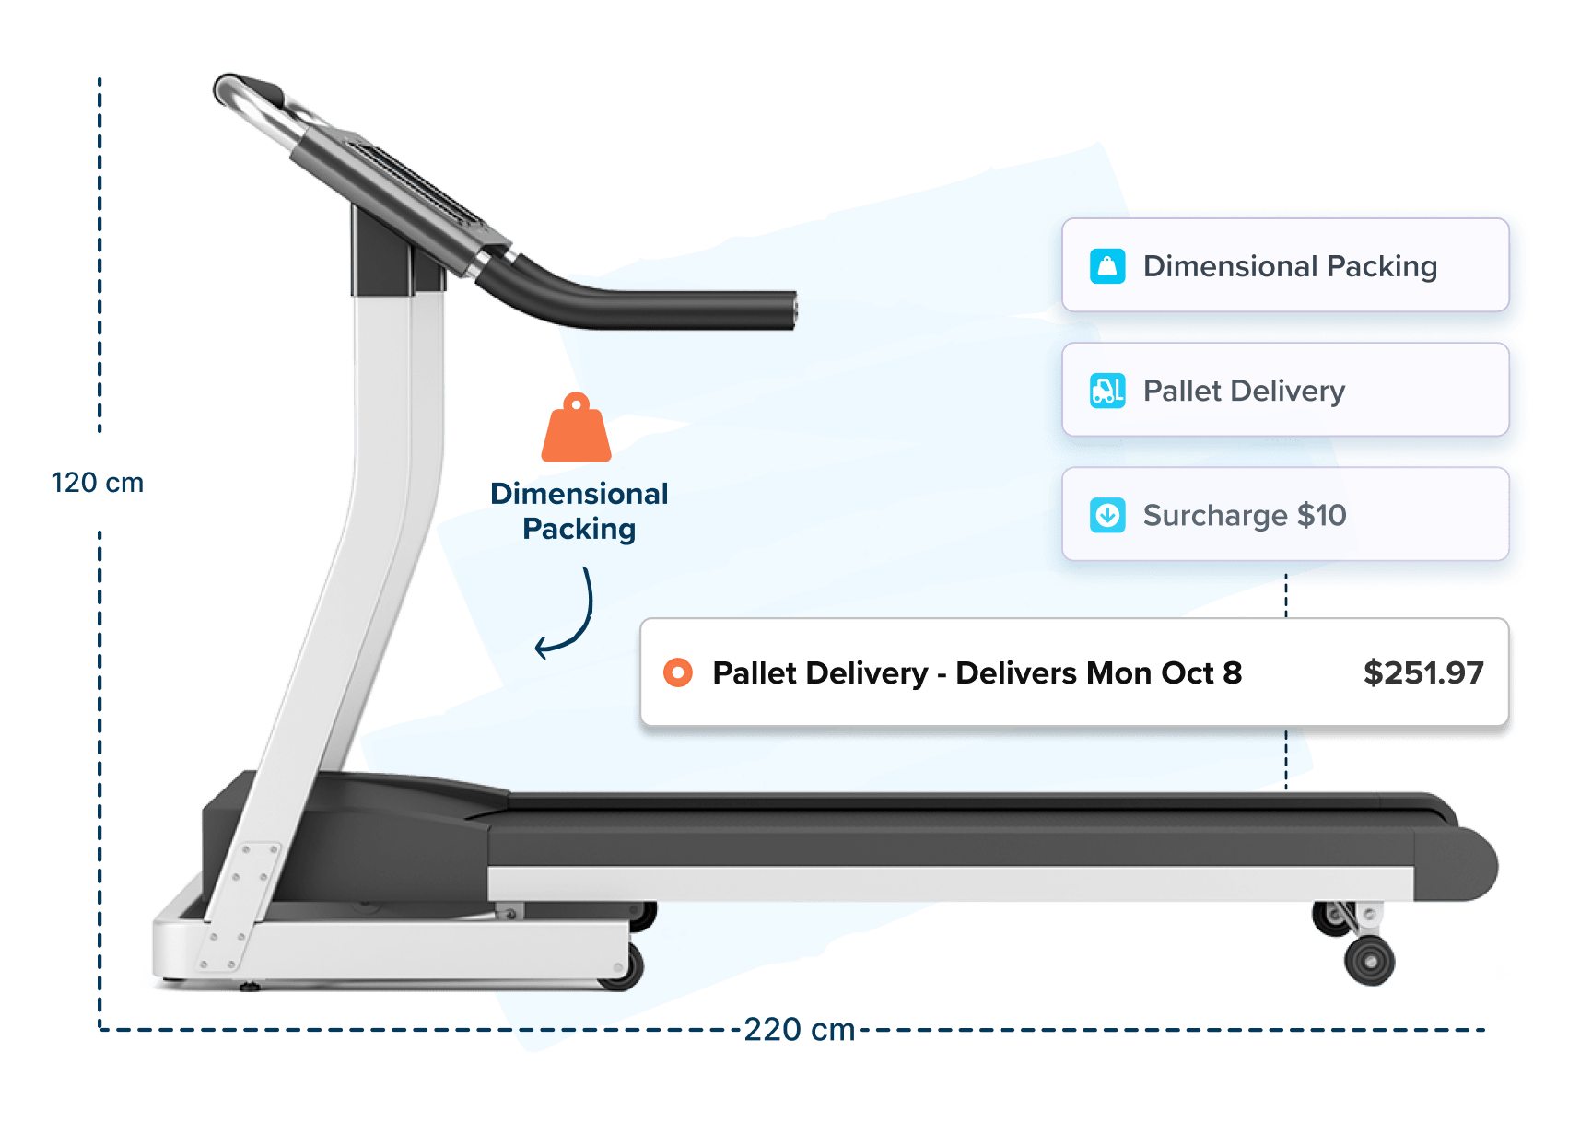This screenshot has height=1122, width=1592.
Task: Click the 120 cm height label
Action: (x=97, y=483)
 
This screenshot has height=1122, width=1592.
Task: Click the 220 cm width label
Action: (x=799, y=1029)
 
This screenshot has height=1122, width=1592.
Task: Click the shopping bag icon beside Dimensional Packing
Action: (x=1107, y=266)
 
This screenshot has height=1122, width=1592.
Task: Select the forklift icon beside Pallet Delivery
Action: (x=1107, y=391)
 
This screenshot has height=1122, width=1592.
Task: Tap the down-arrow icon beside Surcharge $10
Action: (x=1107, y=515)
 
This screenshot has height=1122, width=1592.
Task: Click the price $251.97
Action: (x=1422, y=672)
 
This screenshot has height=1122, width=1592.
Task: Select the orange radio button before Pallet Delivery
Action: (x=678, y=672)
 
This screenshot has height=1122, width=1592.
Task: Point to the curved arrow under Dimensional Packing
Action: (x=568, y=617)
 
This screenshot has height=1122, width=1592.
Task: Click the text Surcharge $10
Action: (x=1244, y=515)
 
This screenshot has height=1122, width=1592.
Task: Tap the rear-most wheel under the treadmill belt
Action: (x=1370, y=961)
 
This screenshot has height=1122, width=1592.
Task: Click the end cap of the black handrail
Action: (x=792, y=310)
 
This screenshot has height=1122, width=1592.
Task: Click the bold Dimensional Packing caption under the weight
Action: (x=579, y=511)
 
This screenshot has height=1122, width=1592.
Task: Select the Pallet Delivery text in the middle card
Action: (x=1244, y=391)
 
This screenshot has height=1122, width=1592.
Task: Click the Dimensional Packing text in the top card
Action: (x=1290, y=266)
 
